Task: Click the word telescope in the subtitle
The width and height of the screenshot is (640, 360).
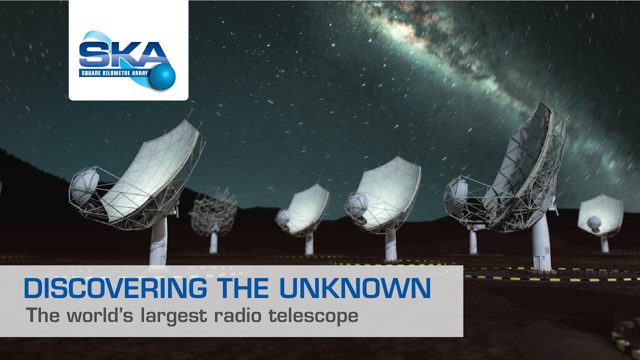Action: click(x=313, y=316)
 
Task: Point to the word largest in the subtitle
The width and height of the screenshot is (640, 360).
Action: click(x=173, y=316)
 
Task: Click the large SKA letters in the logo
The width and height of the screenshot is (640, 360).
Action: click(x=123, y=55)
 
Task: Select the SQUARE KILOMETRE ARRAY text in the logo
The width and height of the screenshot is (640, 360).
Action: click(x=115, y=73)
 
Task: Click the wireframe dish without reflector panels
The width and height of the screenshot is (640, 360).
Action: click(x=213, y=211)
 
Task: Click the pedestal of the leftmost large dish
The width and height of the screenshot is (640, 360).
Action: click(x=158, y=241)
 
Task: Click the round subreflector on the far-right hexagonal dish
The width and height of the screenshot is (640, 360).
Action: click(x=594, y=223)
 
